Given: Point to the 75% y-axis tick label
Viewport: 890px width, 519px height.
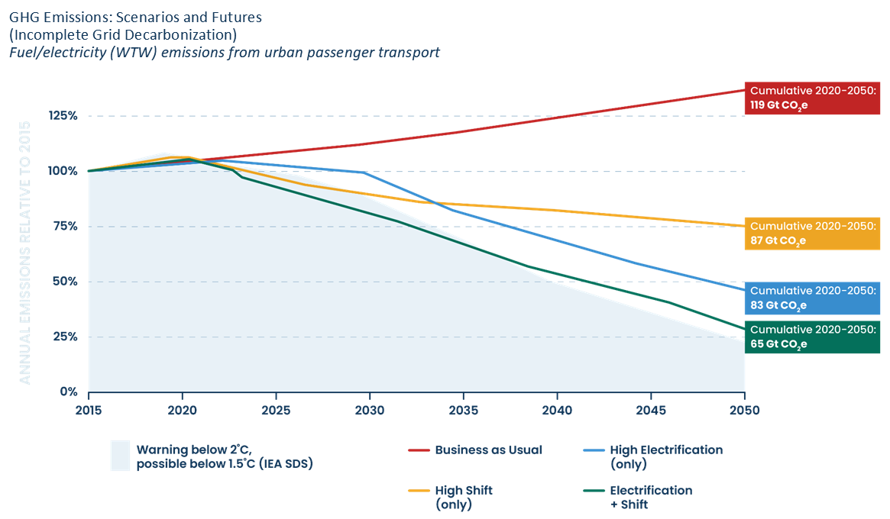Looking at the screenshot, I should point(65,227).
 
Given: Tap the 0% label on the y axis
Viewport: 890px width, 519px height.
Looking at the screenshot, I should point(69,392).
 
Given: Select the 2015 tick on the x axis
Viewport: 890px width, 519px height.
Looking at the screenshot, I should point(89,409).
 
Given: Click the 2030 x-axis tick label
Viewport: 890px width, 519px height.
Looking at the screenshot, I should point(370,409).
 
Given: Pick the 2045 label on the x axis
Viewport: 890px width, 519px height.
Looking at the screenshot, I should point(650,409).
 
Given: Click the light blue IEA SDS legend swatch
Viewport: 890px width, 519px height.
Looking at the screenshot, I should point(120,456).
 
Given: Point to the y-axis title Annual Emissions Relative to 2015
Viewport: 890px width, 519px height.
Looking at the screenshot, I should point(24,251).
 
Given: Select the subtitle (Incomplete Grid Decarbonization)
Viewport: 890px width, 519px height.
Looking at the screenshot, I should point(123,35).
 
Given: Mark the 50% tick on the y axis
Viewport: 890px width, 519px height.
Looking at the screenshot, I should point(65,282).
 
